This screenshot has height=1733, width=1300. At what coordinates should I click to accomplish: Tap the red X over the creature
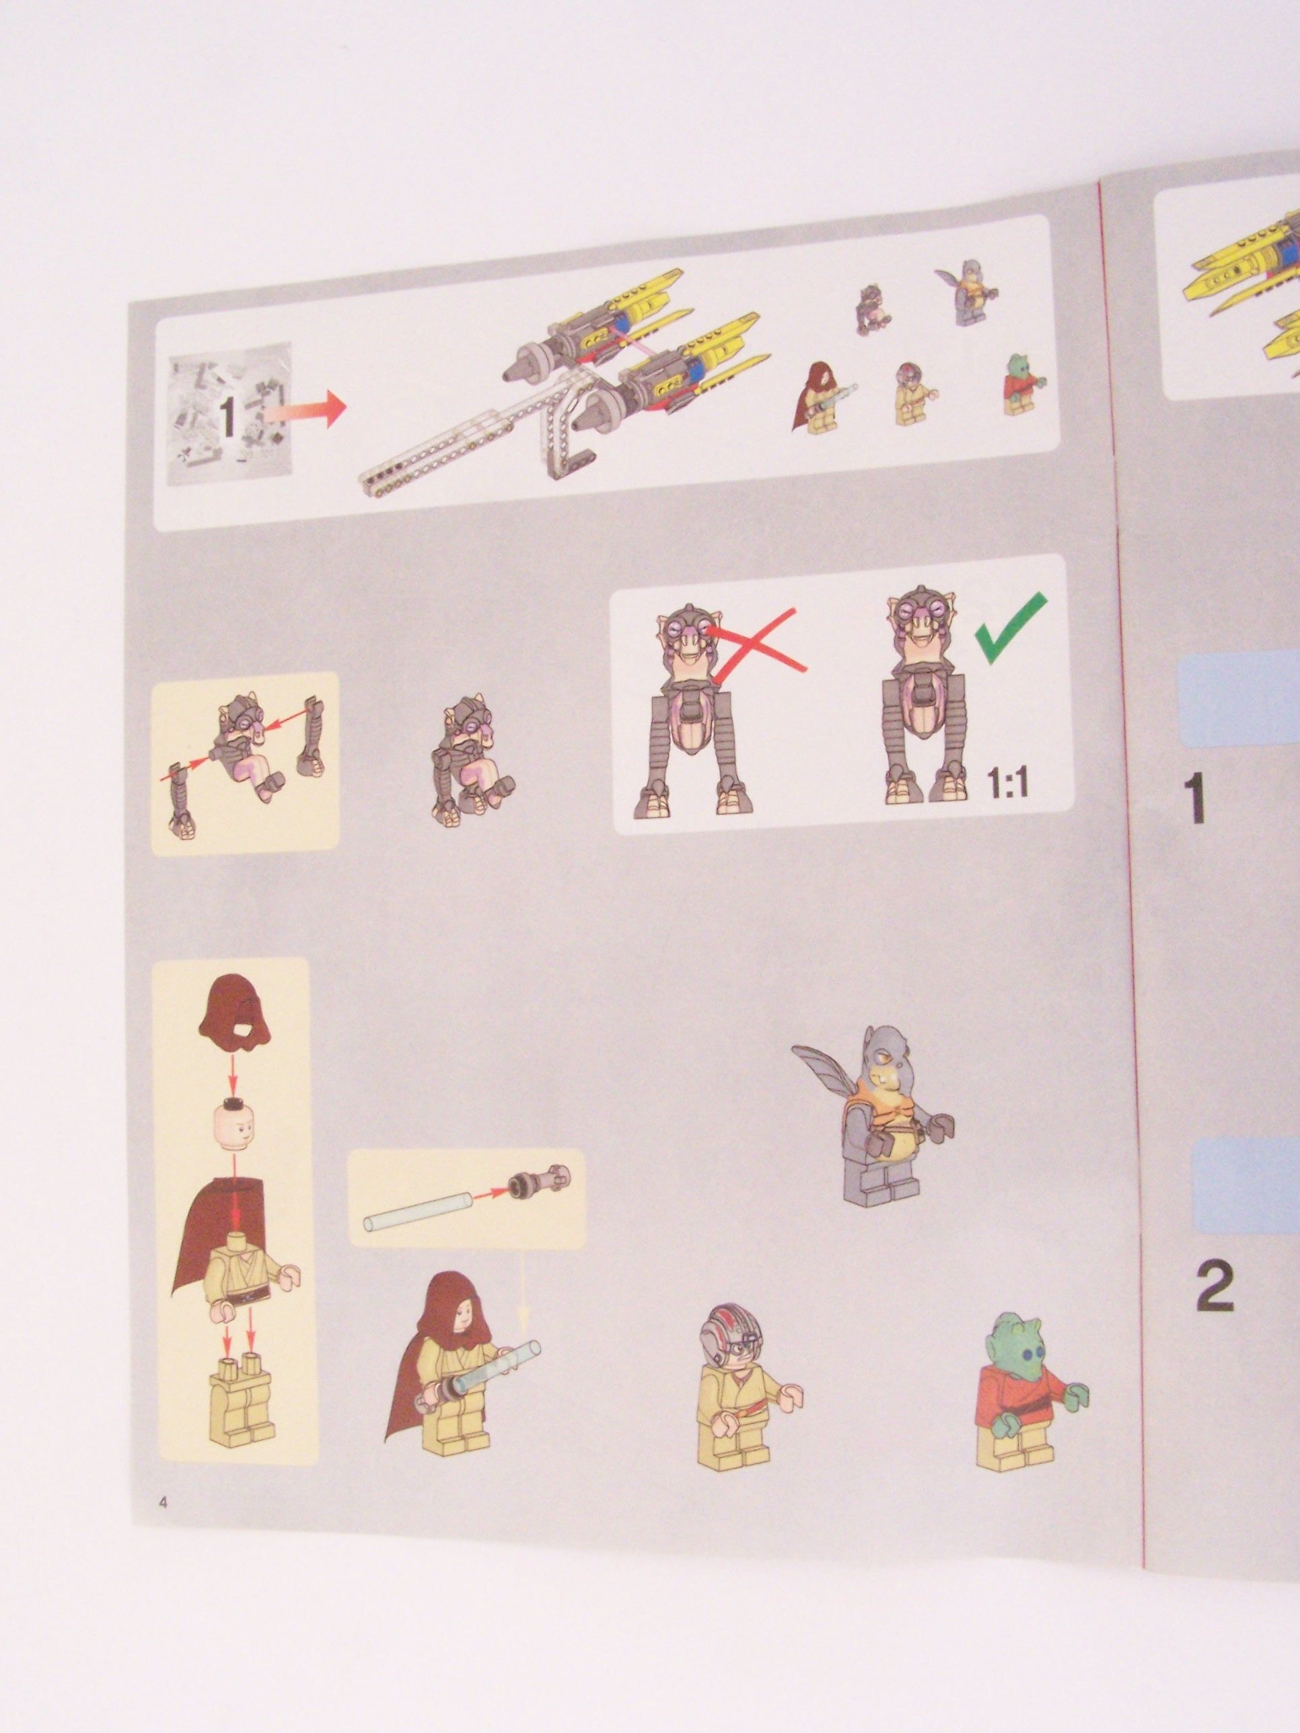point(757,642)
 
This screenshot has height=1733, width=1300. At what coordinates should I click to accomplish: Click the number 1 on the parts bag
point(227,418)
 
